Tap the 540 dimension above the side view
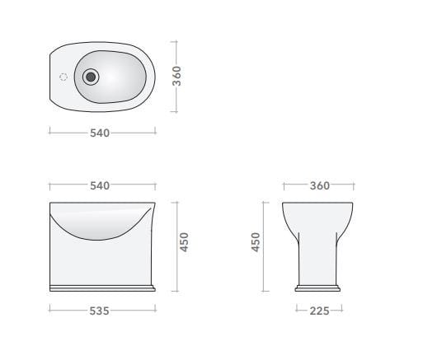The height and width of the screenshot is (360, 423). click(100, 185)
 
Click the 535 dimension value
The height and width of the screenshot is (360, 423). click(100, 311)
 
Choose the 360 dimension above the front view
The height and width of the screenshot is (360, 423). click(319, 185)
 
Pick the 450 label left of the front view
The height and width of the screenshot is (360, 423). click(256, 242)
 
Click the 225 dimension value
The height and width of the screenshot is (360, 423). click(318, 311)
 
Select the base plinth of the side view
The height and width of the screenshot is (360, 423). click(102, 287)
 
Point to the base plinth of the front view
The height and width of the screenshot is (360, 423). click(318, 288)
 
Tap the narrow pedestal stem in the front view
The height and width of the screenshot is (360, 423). click(318, 259)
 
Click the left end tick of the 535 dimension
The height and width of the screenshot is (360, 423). click(49, 311)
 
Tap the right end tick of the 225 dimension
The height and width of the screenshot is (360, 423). click(341, 311)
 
